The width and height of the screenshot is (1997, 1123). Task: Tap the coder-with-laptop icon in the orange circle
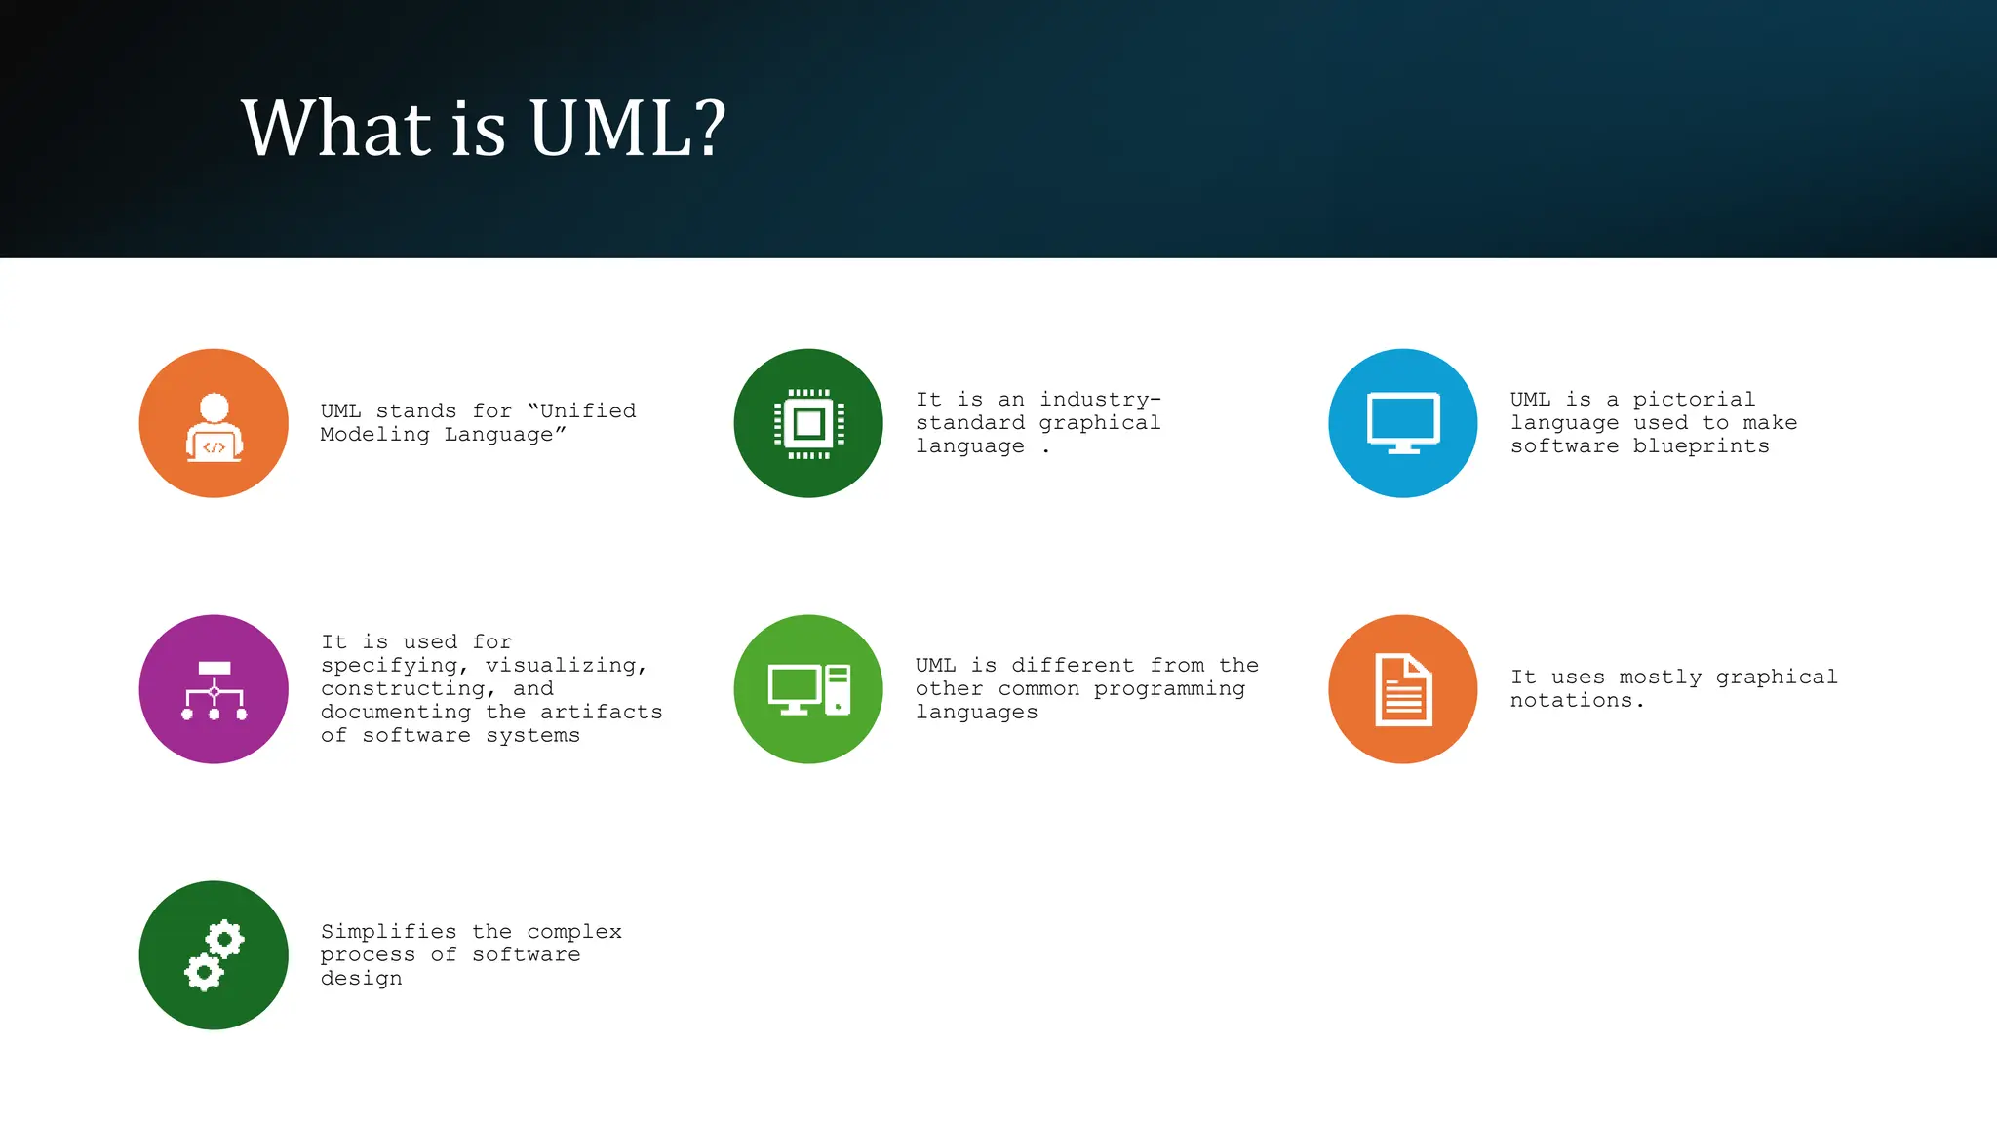click(x=214, y=425)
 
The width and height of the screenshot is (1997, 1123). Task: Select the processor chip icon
click(x=808, y=424)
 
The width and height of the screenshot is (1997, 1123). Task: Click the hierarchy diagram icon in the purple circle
click(x=214, y=690)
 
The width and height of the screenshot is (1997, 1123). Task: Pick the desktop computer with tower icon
click(x=808, y=689)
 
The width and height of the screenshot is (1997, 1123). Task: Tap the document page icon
click(x=1403, y=689)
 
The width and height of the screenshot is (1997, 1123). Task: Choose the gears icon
click(x=214, y=955)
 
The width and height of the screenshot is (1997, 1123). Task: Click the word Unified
click(x=587, y=411)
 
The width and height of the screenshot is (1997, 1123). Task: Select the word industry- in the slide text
click(x=1100, y=400)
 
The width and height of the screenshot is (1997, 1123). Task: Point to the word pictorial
click(x=1694, y=400)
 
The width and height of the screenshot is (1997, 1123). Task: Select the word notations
click(x=1575, y=701)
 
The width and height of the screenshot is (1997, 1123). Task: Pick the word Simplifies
click(x=388, y=932)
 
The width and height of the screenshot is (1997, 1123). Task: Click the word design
click(x=361, y=979)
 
